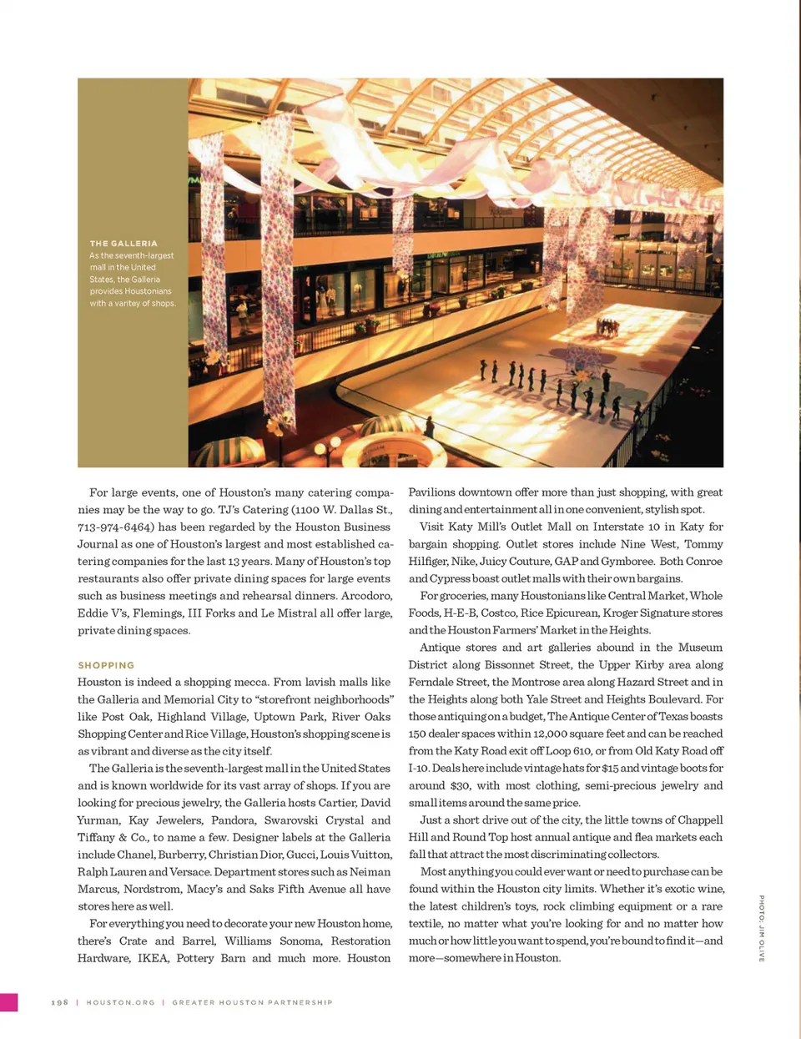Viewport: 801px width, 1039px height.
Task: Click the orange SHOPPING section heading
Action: [x=106, y=665]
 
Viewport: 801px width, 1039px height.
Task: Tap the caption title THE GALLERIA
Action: [x=123, y=244]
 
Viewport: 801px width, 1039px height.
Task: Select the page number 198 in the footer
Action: [x=59, y=1002]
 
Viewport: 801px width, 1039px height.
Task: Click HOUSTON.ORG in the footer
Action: [x=120, y=1002]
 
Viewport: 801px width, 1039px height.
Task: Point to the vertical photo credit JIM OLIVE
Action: [x=761, y=929]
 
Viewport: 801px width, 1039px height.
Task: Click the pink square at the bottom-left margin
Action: [x=8, y=1002]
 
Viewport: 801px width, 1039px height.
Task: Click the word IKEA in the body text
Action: [x=153, y=958]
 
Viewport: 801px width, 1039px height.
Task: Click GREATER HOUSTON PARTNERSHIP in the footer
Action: [x=252, y=1002]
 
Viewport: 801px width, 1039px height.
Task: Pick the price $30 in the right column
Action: [x=460, y=785]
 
